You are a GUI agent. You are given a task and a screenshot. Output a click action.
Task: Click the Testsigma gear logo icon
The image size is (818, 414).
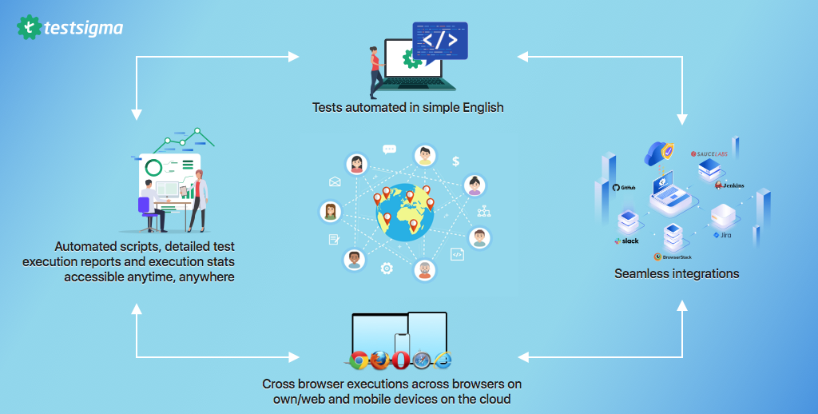[x=29, y=27]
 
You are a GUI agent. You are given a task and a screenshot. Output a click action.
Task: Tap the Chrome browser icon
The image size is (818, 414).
[x=359, y=360]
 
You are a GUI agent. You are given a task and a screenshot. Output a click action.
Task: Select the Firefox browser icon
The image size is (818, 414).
[x=379, y=360]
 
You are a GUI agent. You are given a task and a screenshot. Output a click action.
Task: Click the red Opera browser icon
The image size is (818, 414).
[x=400, y=360]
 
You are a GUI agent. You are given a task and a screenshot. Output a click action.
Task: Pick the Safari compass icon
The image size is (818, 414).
[x=421, y=360]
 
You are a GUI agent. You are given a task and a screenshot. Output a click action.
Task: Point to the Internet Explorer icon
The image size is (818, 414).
[x=442, y=360]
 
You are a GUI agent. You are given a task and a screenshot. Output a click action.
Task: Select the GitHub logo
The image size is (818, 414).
[x=624, y=187]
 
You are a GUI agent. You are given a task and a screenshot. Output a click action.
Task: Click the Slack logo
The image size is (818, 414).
[x=626, y=241]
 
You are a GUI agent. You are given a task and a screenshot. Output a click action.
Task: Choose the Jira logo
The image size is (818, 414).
[x=722, y=235]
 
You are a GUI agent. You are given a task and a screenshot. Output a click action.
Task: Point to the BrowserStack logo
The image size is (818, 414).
[x=672, y=257]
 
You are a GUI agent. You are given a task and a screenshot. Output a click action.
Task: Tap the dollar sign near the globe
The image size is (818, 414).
[x=455, y=161]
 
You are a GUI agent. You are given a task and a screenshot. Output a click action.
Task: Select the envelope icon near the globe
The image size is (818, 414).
[x=335, y=182]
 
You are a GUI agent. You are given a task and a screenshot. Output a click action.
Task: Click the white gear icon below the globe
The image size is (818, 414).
[x=387, y=269]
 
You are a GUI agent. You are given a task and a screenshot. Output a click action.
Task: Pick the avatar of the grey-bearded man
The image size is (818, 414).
[x=425, y=269]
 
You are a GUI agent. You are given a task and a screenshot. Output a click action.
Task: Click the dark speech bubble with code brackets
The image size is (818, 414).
[x=439, y=40]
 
